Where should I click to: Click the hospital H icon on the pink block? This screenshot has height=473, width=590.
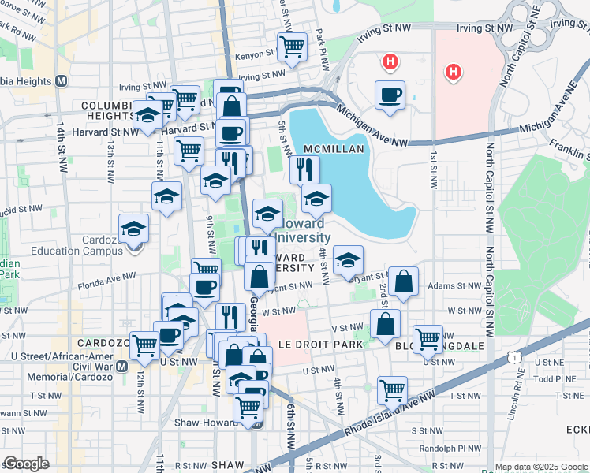point(452,73)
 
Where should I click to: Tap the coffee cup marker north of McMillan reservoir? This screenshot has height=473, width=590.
point(390,95)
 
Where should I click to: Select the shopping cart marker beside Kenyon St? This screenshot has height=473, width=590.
point(292,47)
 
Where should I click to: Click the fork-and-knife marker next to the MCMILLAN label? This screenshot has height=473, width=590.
point(304,169)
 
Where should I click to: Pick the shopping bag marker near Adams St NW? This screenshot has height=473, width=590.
point(403,282)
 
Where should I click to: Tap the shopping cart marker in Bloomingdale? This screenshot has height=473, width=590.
point(428,339)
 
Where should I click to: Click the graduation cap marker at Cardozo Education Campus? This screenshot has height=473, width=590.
point(134,229)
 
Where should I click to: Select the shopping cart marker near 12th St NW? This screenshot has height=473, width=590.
point(144,345)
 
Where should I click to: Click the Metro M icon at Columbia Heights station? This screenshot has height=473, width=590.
point(61,81)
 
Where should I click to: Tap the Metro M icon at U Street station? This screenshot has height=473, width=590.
point(121,367)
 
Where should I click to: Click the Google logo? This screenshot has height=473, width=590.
point(26,463)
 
